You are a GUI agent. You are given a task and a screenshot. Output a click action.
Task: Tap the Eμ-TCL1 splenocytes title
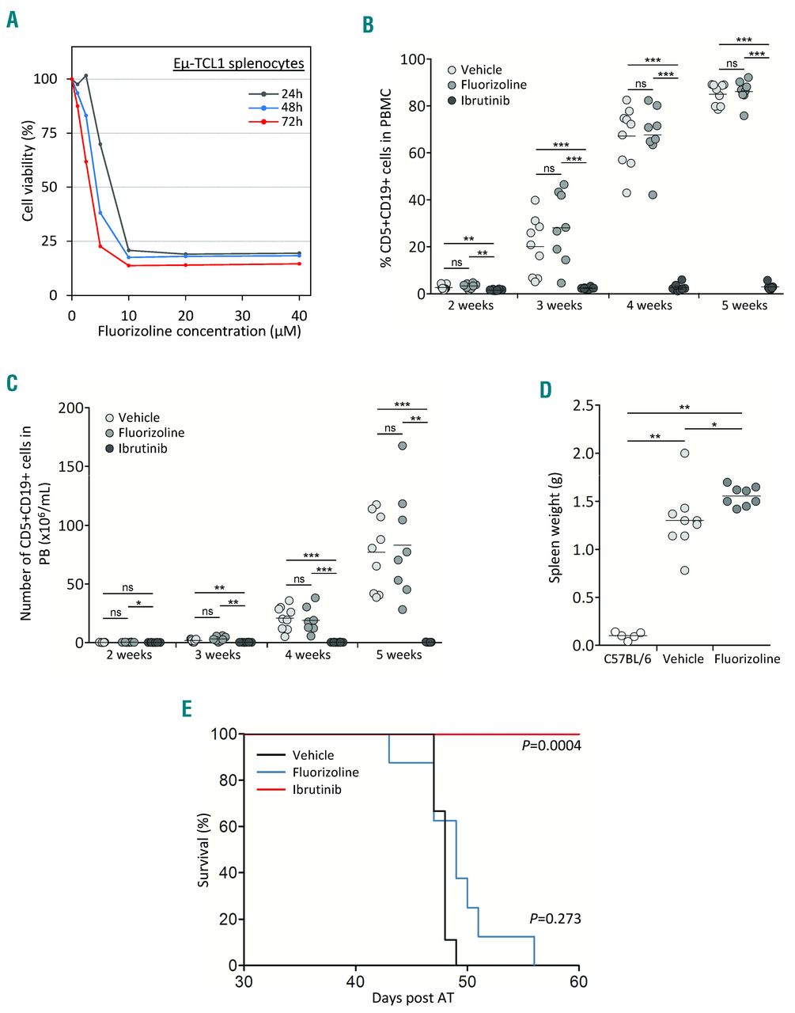click(239, 63)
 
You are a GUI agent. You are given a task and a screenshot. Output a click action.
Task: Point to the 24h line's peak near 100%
click(85, 76)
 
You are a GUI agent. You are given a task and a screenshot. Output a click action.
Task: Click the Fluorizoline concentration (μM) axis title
click(199, 331)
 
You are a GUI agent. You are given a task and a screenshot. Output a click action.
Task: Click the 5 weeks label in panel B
click(744, 305)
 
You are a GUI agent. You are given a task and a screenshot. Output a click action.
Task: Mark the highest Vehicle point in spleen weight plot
click(684, 453)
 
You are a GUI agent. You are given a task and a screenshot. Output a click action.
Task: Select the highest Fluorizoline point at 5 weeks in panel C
click(402, 446)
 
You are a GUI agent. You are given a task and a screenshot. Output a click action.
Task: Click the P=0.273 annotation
click(555, 919)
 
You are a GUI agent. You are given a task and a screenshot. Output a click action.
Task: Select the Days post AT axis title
click(413, 998)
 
